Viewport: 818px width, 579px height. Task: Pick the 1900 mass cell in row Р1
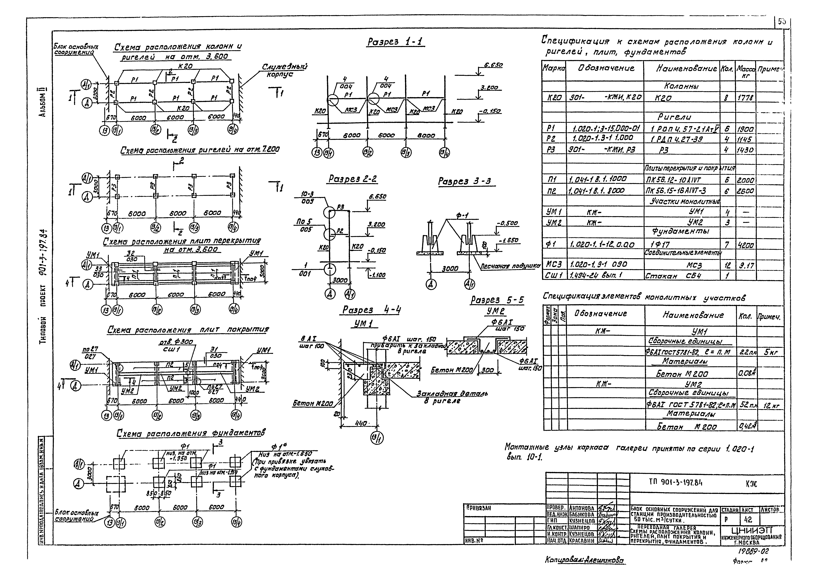(x=745, y=129)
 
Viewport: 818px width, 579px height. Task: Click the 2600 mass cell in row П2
(x=745, y=191)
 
